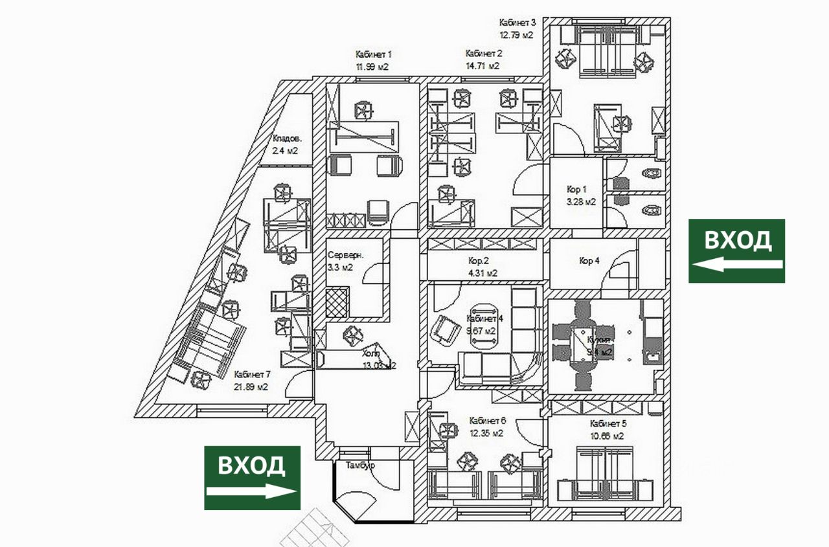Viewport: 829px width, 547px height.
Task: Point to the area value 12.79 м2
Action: point(516,35)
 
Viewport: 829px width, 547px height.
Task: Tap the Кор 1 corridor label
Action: point(576,190)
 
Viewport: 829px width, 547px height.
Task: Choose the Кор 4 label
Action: point(589,261)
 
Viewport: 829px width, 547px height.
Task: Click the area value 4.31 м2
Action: point(483,273)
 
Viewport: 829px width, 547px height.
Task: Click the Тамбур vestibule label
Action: point(361,465)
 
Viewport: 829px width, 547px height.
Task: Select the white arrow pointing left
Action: point(736,264)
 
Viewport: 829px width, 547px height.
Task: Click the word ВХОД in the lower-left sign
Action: point(251,465)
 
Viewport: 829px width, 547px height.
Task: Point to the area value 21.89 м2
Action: point(251,387)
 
